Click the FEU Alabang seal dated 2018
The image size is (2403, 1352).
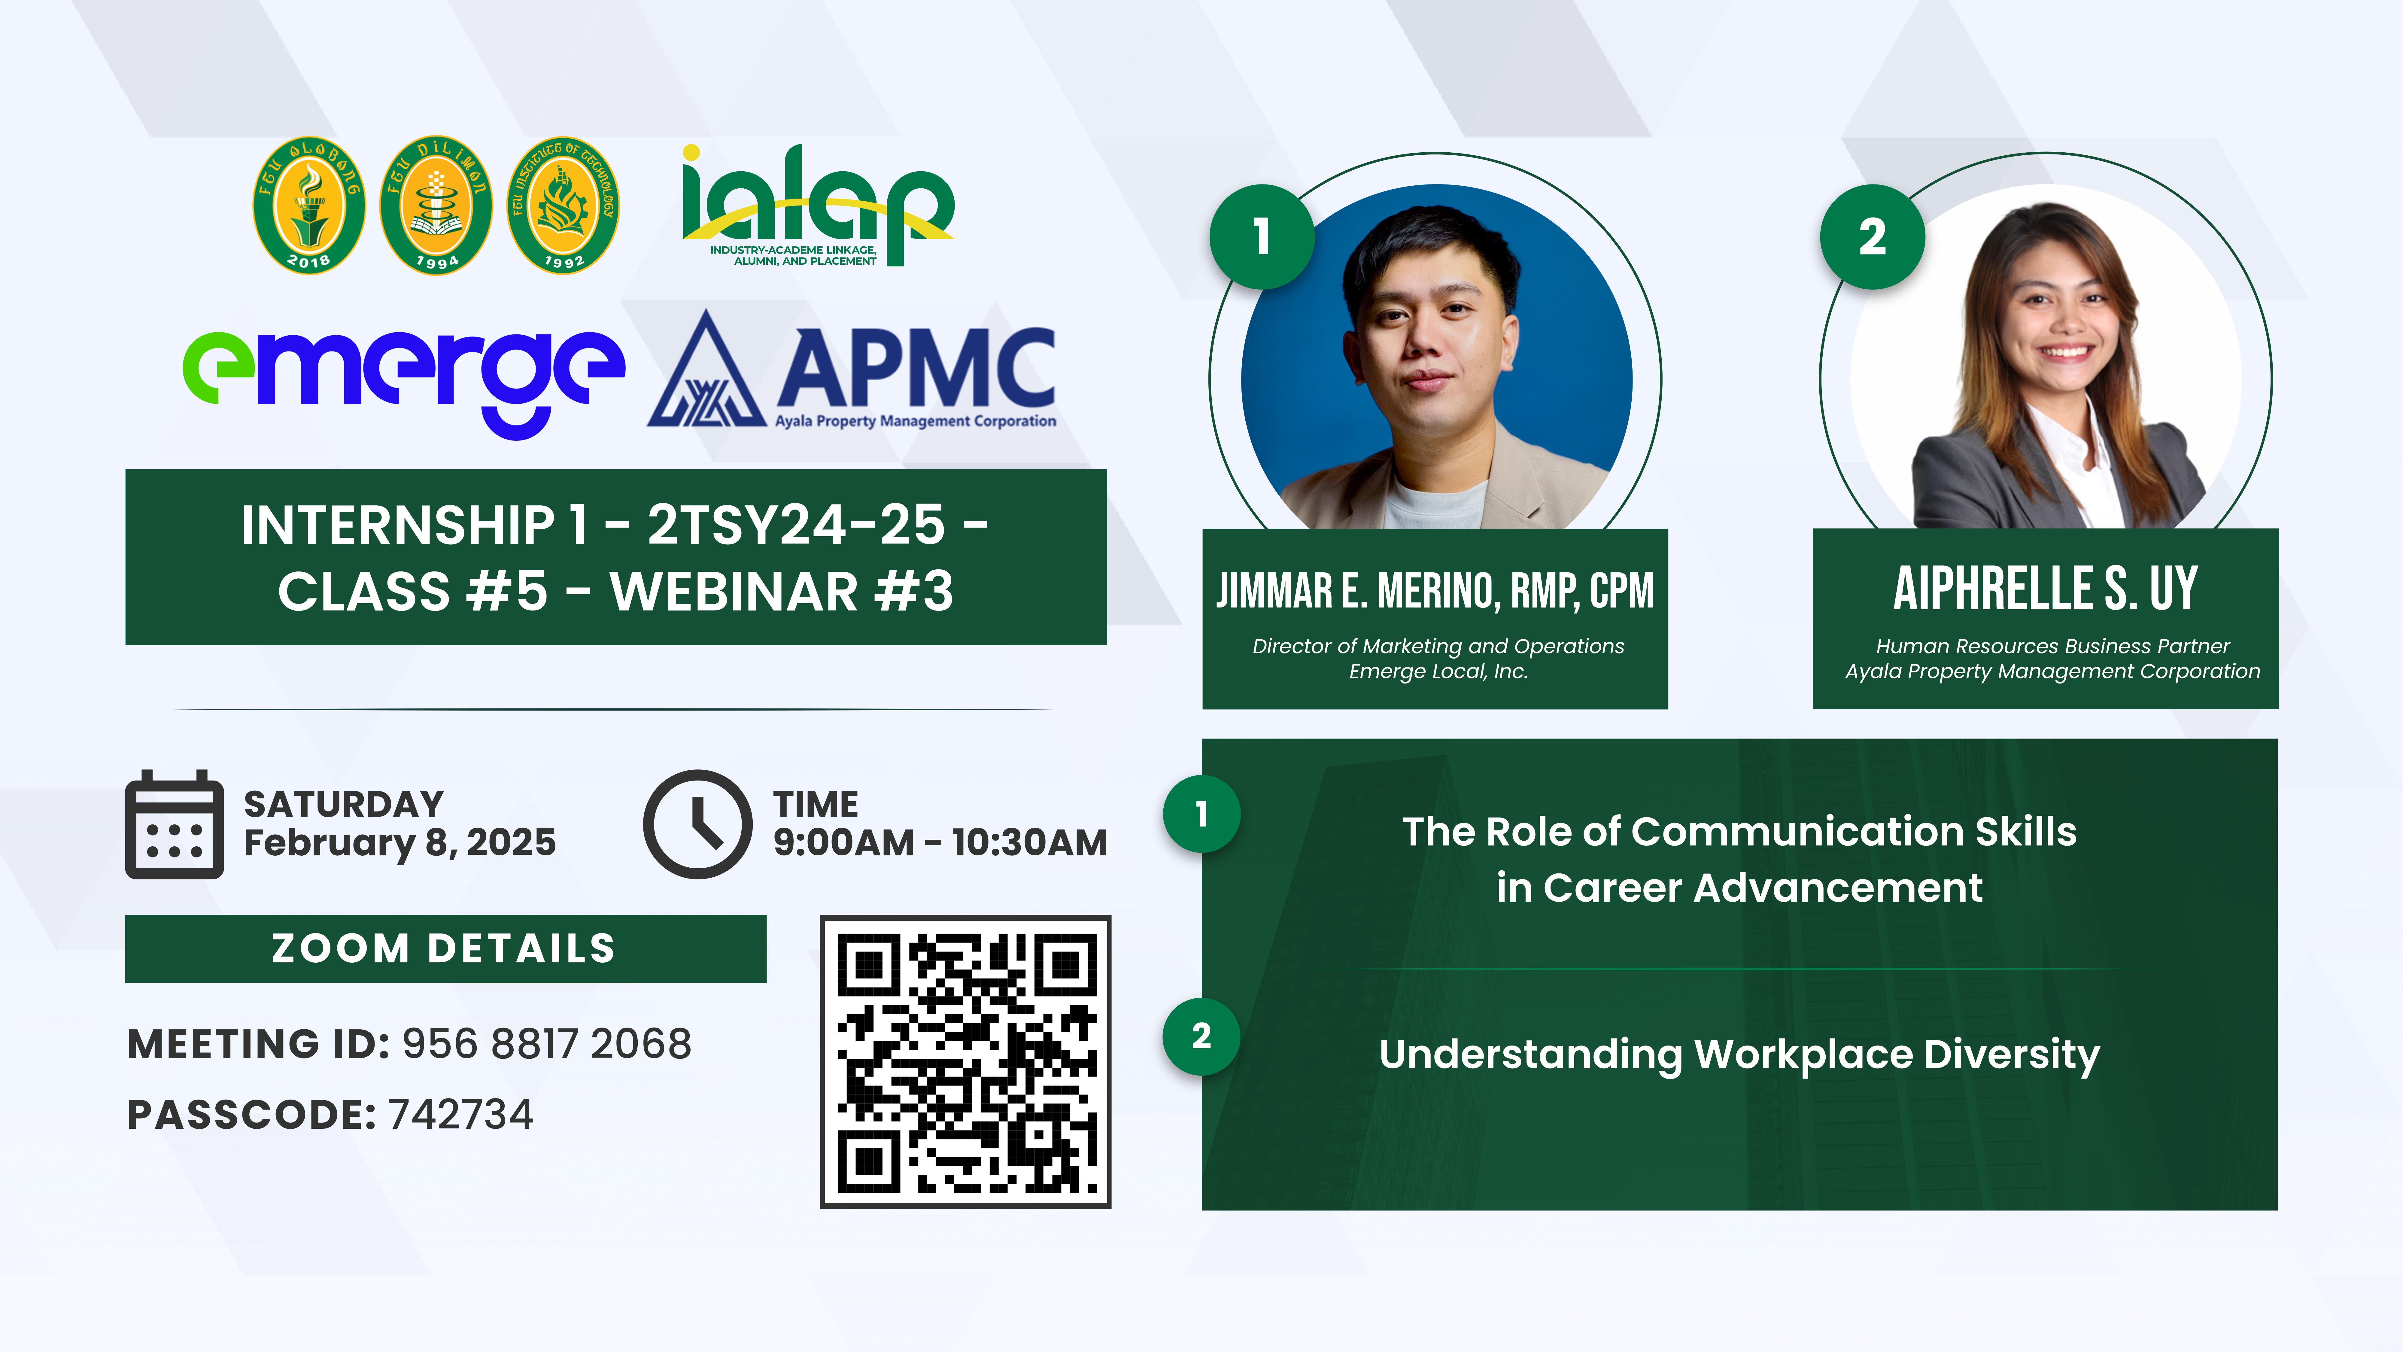pos(309,205)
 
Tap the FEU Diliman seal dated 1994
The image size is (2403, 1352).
pos(436,205)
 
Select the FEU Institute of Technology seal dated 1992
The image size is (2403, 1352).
pos(563,205)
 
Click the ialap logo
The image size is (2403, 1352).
pos(817,205)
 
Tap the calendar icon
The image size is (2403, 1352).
pos(175,824)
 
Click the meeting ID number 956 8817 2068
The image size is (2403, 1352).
pos(547,1044)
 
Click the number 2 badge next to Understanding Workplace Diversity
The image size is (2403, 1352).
pos(1201,1037)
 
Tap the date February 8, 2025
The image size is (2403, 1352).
pos(399,842)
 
